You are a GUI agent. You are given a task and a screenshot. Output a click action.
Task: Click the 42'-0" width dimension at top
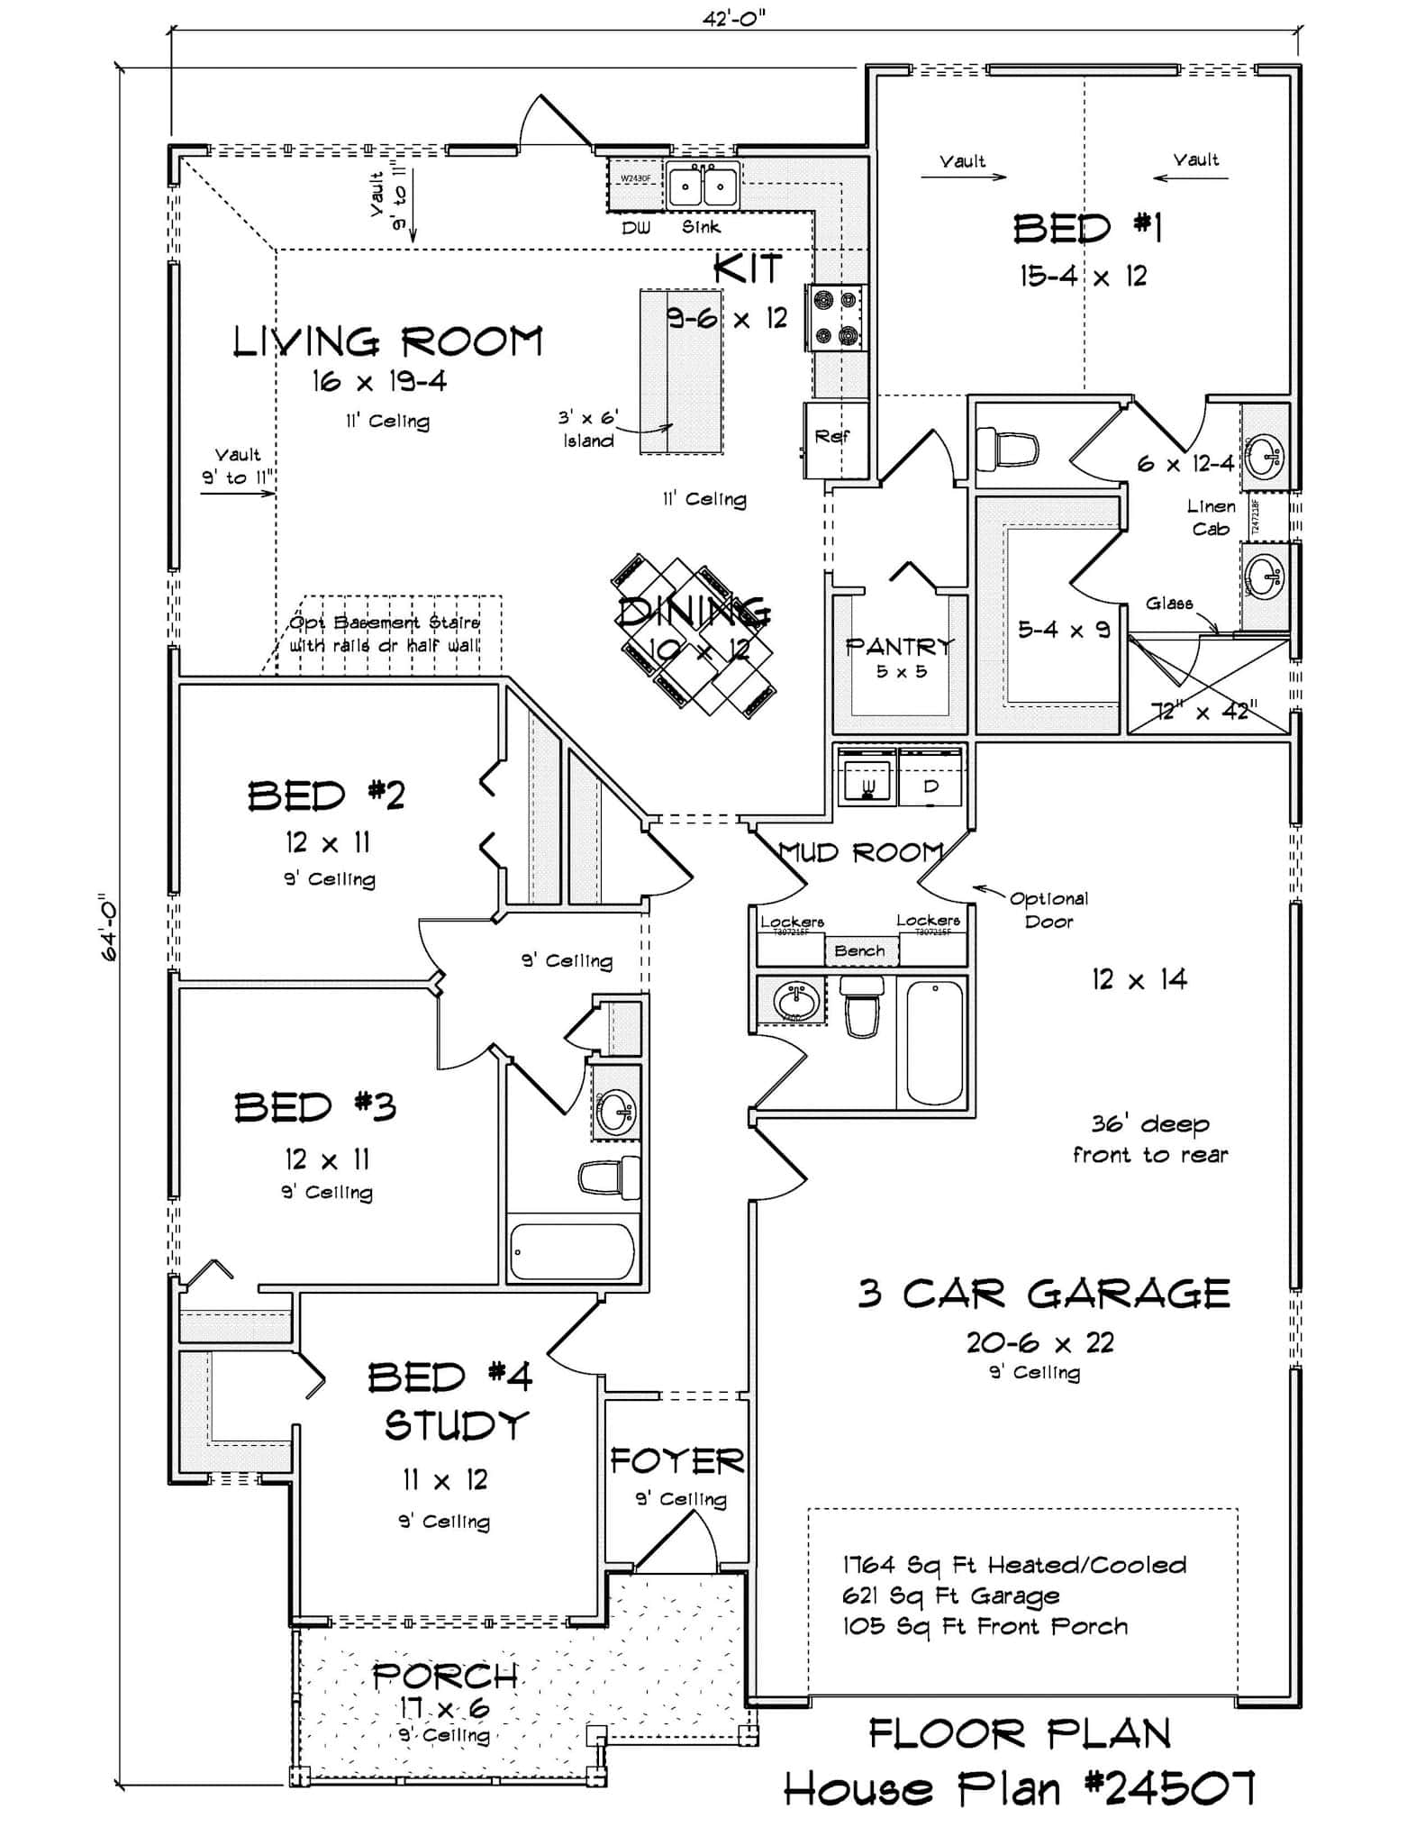pyautogui.click(x=733, y=18)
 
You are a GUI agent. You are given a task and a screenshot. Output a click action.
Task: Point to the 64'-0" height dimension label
pyautogui.click(x=108, y=927)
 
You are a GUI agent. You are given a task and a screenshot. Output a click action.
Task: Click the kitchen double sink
pyautogui.click(x=703, y=187)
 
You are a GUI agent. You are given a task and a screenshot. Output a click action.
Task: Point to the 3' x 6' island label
pyautogui.click(x=588, y=430)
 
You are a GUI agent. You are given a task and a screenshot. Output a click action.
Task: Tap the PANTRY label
pyautogui.click(x=899, y=646)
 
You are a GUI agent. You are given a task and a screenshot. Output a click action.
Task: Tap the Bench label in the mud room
pyautogui.click(x=859, y=950)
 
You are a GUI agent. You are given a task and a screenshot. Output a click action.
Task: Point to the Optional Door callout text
pyautogui.click(x=1048, y=909)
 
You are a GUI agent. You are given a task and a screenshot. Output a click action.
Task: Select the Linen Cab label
pyautogui.click(x=1211, y=518)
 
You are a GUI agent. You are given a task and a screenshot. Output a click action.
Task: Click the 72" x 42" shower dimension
pyautogui.click(x=1204, y=711)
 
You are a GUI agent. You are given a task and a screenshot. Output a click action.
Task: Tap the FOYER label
pyautogui.click(x=676, y=1460)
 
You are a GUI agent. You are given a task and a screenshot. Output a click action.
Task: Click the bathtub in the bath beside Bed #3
pyautogui.click(x=572, y=1251)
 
